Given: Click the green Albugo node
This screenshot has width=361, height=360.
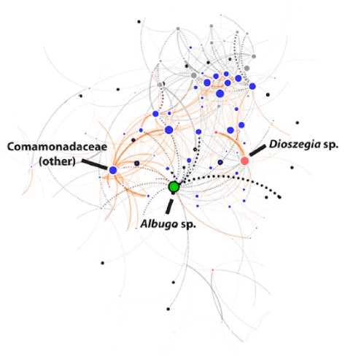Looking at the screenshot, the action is (174, 187).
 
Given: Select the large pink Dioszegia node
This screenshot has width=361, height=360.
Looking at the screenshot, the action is (244, 161).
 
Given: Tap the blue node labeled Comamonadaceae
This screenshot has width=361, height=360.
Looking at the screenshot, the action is (113, 170).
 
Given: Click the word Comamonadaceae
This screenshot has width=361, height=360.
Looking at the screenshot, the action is (57, 147).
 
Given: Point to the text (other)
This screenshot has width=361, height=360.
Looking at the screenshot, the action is (58, 161).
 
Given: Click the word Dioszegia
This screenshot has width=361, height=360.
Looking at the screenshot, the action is (295, 145).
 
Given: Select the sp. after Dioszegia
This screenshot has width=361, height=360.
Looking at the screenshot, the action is (330, 145).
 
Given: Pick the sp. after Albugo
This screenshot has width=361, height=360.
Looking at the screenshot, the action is (188, 224).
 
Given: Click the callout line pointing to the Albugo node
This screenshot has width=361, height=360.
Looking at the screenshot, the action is (169, 207).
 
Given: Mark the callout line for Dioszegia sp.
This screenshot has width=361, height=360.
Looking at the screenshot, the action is (257, 150).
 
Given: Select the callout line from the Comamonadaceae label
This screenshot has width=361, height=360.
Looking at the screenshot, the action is (94, 164).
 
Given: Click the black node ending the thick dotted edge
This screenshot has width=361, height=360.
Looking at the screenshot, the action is (280, 197).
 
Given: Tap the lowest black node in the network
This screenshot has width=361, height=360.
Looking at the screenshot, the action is (168, 309).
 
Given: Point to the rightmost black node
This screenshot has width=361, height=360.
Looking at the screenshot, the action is (298, 123).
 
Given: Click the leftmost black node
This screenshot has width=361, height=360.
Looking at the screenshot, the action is (81, 96).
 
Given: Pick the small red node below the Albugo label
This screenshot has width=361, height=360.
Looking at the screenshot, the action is (213, 270).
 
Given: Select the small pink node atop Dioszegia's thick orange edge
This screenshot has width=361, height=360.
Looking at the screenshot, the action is (216, 132).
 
